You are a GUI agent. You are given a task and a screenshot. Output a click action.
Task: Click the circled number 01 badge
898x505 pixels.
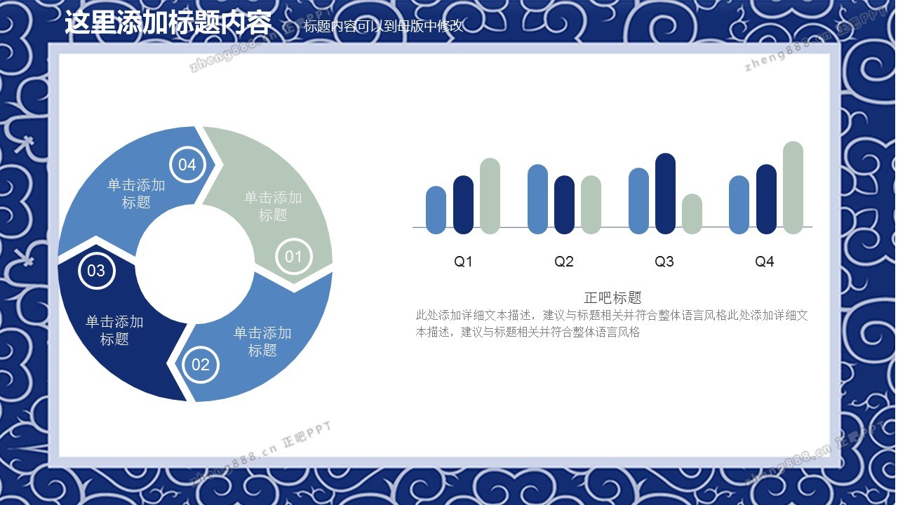pyautogui.click(x=294, y=257)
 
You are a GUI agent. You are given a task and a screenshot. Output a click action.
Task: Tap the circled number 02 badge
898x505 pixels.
pyautogui.click(x=201, y=365)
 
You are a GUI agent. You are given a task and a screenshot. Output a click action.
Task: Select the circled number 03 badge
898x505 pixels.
pyautogui.click(x=97, y=271)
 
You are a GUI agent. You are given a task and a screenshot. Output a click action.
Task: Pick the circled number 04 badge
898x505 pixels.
pyautogui.click(x=187, y=164)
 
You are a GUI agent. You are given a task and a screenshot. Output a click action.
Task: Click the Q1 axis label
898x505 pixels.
pyautogui.click(x=463, y=262)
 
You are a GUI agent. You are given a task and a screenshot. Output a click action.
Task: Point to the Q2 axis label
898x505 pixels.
pyautogui.click(x=563, y=262)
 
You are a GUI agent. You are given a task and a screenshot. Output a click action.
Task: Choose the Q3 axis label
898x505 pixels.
pyautogui.click(x=664, y=262)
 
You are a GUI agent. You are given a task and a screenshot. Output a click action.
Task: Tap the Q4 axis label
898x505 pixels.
pyautogui.click(x=765, y=262)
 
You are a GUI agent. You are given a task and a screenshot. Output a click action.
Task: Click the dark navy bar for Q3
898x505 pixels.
pyautogui.click(x=666, y=194)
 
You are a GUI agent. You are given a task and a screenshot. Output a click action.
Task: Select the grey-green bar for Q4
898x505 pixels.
pyautogui.click(x=793, y=187)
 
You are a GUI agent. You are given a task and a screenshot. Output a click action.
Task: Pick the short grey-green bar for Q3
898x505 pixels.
pyautogui.click(x=692, y=214)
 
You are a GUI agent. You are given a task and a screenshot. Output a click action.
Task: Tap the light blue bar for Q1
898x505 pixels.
pyautogui.click(x=436, y=210)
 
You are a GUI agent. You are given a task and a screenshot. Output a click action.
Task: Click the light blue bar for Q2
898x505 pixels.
pyautogui.click(x=538, y=199)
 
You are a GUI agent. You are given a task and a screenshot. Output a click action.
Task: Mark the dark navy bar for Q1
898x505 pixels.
pyautogui.click(x=464, y=205)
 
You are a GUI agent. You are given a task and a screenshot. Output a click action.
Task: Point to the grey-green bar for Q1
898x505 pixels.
pyautogui.click(x=490, y=196)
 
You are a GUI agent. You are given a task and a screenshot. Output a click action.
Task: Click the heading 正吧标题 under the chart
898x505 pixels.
pyautogui.click(x=612, y=298)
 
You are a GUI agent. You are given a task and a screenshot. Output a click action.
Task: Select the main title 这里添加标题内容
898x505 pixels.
pyautogui.click(x=168, y=22)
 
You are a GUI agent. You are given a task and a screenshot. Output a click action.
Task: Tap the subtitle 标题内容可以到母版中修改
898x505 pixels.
pyautogui.click(x=384, y=26)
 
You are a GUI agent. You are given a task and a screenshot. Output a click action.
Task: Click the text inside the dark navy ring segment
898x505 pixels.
pyautogui.click(x=114, y=330)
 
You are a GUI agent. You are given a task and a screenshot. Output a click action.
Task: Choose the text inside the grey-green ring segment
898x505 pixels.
pyautogui.click(x=273, y=206)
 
